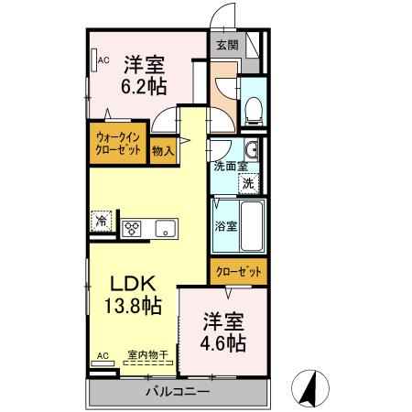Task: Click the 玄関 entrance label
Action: click(225, 44)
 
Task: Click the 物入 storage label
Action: click(164, 150)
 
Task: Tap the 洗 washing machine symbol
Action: click(248, 182)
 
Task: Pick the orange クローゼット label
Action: click(238, 272)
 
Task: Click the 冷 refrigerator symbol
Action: click(102, 221)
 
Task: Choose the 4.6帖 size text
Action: click(223, 343)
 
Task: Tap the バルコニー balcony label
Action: click(179, 393)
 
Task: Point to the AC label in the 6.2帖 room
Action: click(103, 60)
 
